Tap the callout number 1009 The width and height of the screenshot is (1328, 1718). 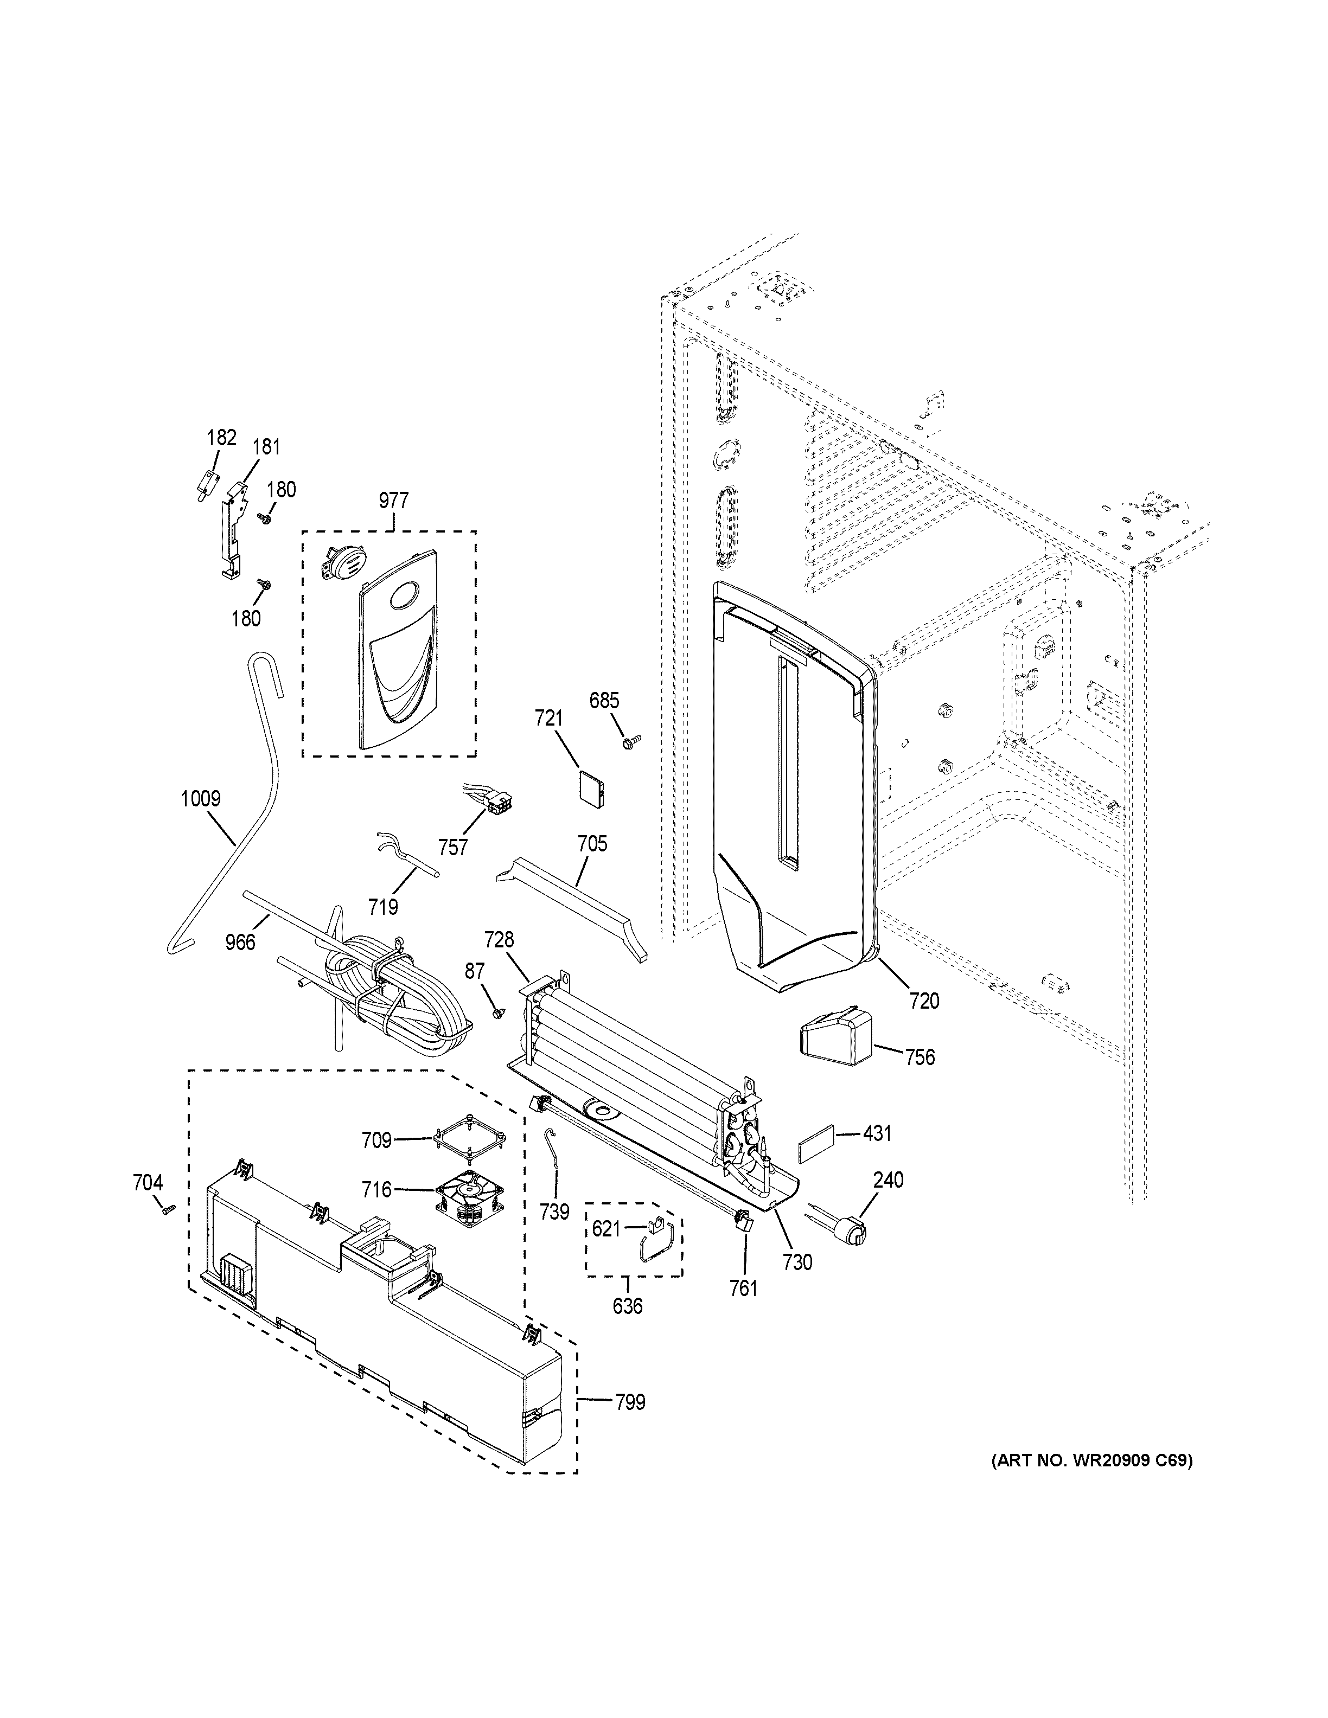[x=201, y=799]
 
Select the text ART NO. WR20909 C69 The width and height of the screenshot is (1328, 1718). [x=1091, y=1461]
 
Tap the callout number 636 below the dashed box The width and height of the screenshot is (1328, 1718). [x=627, y=1306]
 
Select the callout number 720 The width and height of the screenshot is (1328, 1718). [x=924, y=1001]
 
